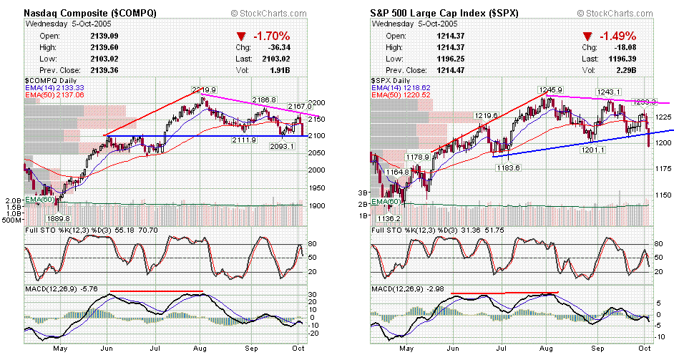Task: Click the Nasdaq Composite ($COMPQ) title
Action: click(91, 13)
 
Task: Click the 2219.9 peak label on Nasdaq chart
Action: click(204, 89)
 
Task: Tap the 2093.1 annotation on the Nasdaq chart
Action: click(284, 146)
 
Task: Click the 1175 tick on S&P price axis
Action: click(664, 168)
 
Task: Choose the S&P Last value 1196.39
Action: click(624, 59)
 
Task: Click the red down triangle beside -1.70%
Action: click(238, 37)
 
